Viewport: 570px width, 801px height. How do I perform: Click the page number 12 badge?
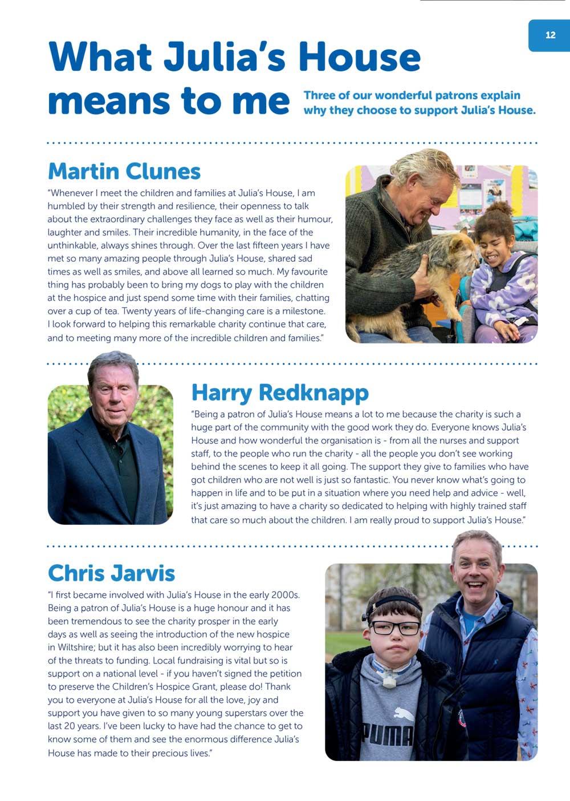pos(550,35)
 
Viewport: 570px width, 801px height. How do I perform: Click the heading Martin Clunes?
pos(124,171)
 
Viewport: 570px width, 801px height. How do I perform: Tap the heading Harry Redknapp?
pos(280,393)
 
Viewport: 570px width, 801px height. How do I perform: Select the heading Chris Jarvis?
pos(111,573)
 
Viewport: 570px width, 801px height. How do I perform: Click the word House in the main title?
pos(359,57)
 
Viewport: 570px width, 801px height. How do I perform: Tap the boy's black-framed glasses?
pos(394,628)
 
